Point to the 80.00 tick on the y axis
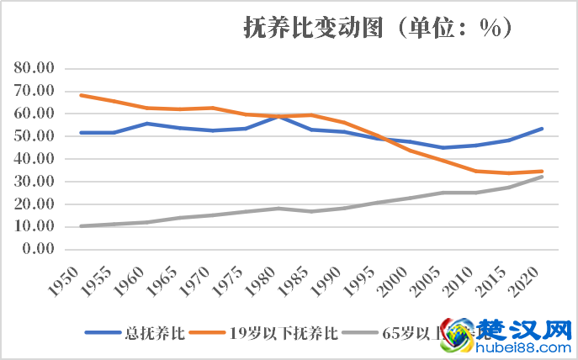pyautogui.click(x=34, y=68)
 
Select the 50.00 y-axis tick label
pyautogui.click(x=34, y=136)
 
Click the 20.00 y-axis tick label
pyautogui.click(x=34, y=204)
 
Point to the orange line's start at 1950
pyautogui.click(x=81, y=95)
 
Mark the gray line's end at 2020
pyautogui.click(x=542, y=177)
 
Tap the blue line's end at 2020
pyautogui.click(x=542, y=129)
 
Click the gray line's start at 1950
pyautogui.click(x=81, y=226)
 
